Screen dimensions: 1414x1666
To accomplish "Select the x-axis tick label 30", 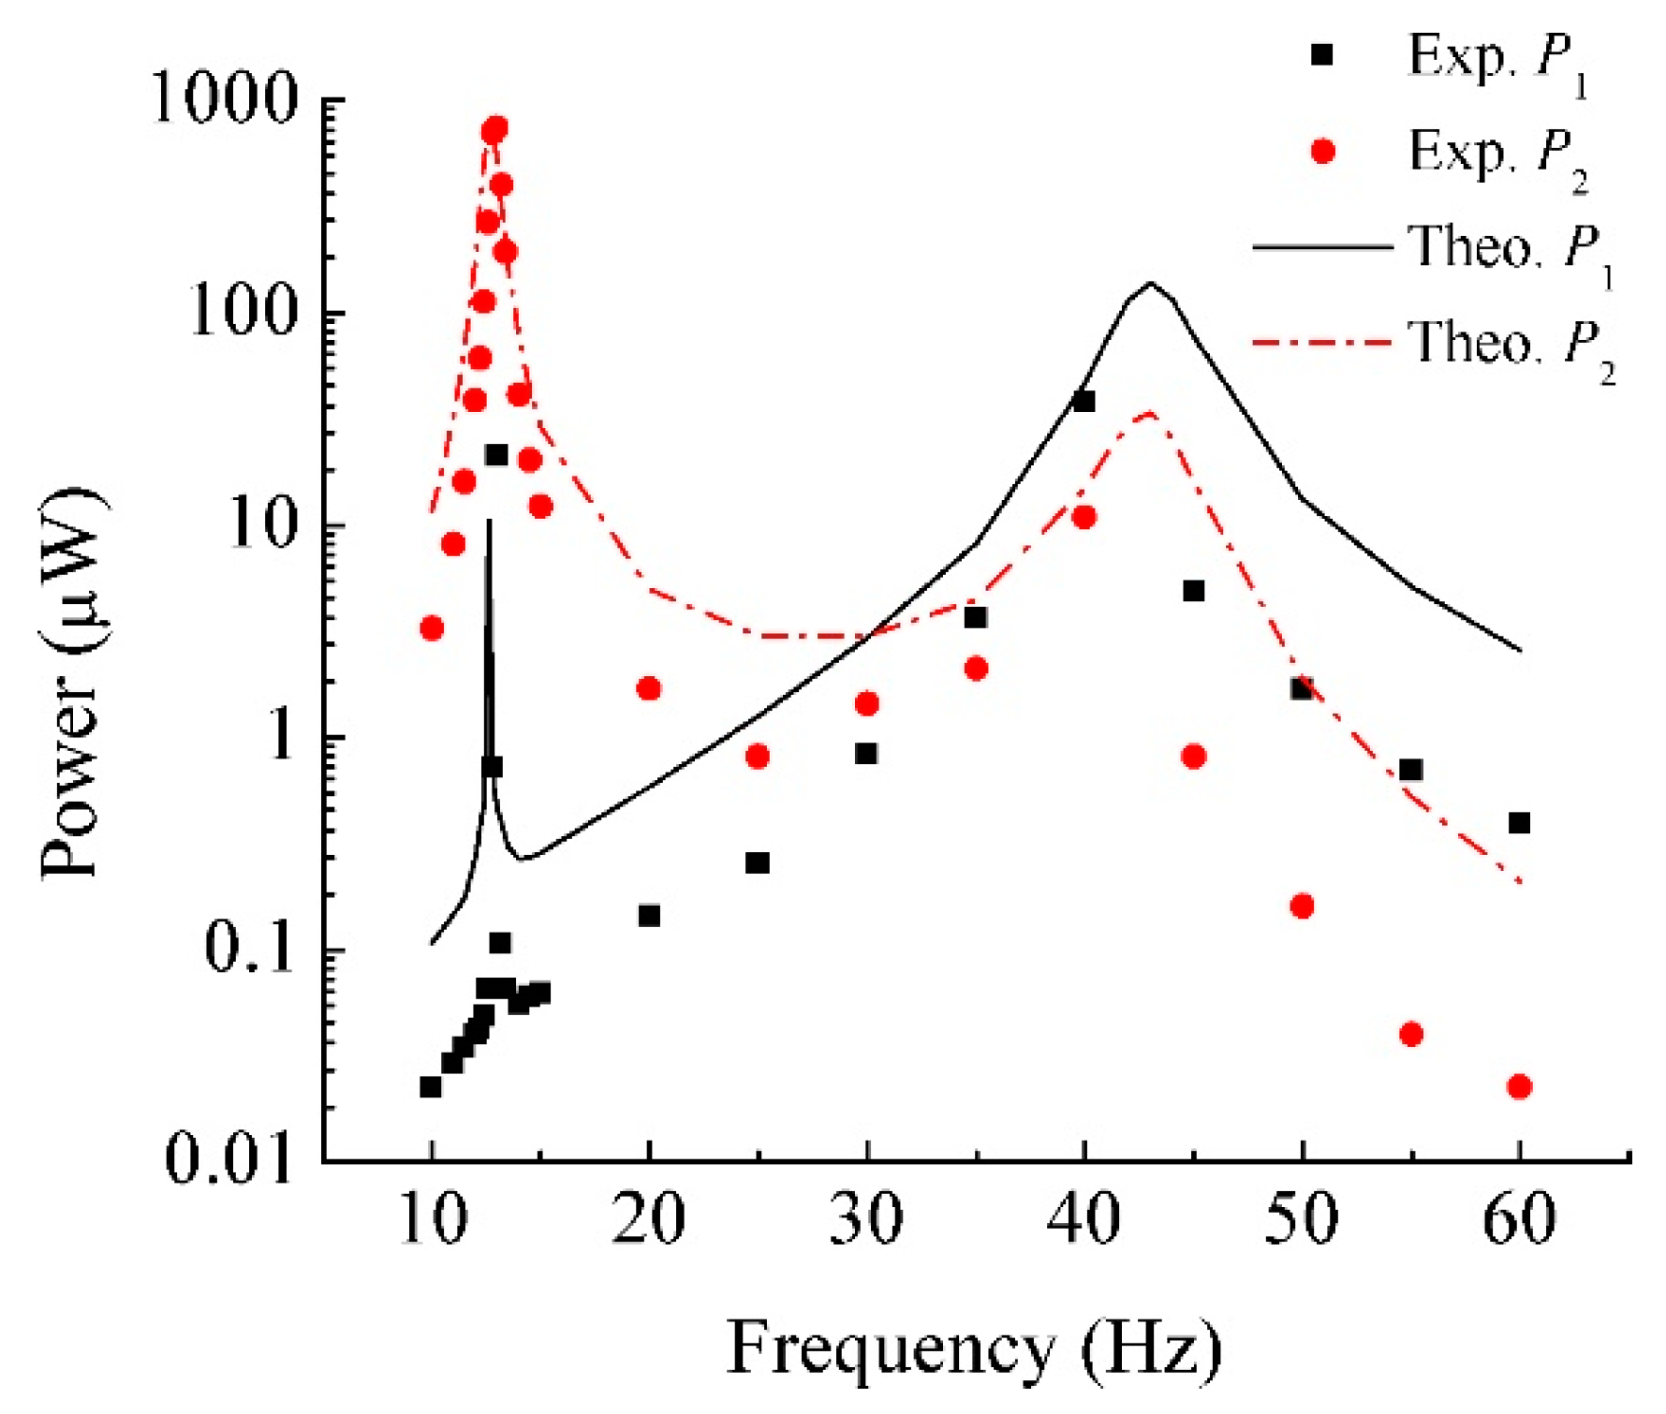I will pos(866,1220).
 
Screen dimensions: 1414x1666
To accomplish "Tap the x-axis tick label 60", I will pos(1519,1220).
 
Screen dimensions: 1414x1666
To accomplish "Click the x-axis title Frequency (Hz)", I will pos(974,1349).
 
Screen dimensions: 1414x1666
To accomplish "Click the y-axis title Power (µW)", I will pos(73,684).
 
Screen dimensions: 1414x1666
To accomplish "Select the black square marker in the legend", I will pos(1321,54).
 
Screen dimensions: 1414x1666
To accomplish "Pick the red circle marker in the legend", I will pos(1321,151).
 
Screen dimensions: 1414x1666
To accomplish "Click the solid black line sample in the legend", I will pos(1321,247).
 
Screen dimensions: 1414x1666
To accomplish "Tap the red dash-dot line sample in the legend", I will pos(1321,343).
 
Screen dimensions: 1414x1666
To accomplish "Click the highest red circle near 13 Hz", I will pos(495,128).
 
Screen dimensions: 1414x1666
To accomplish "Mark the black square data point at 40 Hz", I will pos(1084,402).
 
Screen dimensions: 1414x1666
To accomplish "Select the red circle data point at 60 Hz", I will pos(1519,1086).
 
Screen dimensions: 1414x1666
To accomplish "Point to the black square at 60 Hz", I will pos(1519,823).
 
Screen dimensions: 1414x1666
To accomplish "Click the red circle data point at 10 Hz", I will pos(431,627).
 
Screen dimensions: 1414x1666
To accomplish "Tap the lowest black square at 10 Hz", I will pos(430,1086).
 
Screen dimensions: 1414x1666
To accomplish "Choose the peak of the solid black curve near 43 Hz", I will pos(1150,283).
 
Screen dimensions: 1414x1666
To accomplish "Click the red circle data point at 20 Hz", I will pos(648,689).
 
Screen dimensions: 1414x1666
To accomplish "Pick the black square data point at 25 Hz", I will pos(758,862).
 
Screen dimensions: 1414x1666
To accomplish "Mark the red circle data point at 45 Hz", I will pos(1193,757).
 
